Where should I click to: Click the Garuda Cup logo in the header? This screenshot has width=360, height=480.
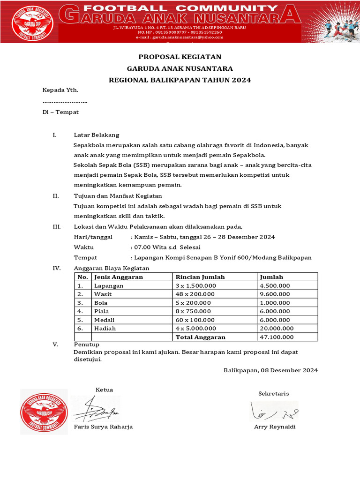[32, 22]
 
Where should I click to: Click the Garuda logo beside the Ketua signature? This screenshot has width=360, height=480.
[44, 411]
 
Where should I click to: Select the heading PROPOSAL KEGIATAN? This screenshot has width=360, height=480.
[180, 57]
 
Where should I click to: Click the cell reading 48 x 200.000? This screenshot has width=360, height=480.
[195, 294]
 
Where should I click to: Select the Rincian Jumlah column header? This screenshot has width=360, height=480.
[200, 277]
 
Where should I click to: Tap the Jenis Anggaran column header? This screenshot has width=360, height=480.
[119, 277]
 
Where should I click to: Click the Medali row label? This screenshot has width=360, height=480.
[105, 320]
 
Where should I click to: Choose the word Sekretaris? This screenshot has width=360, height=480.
[274, 393]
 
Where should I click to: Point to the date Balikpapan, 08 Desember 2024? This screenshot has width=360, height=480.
[270, 370]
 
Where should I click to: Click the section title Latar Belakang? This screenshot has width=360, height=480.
[97, 135]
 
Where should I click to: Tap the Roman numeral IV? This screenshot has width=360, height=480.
[56, 268]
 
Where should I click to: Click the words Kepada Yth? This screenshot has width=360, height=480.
[60, 90]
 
